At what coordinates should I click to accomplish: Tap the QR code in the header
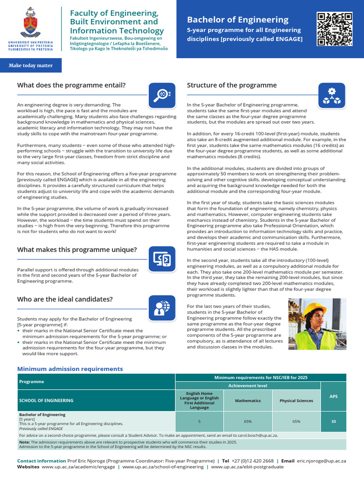(335, 29)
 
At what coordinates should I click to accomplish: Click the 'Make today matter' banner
(30, 65)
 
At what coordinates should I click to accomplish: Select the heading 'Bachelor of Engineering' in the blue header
(237, 19)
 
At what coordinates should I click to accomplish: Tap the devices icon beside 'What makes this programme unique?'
(162, 259)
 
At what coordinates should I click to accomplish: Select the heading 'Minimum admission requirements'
(70, 369)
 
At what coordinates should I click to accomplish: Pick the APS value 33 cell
(333, 421)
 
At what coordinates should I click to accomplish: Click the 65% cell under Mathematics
(248, 421)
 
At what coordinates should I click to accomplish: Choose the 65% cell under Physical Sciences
(296, 421)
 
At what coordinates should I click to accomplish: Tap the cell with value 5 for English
(199, 421)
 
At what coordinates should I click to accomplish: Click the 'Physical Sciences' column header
(296, 401)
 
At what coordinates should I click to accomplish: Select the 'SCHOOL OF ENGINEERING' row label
(46, 401)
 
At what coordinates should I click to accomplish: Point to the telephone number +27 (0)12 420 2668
(254, 460)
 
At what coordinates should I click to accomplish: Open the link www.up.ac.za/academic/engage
(78, 467)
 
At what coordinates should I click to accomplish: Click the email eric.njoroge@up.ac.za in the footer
(321, 460)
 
